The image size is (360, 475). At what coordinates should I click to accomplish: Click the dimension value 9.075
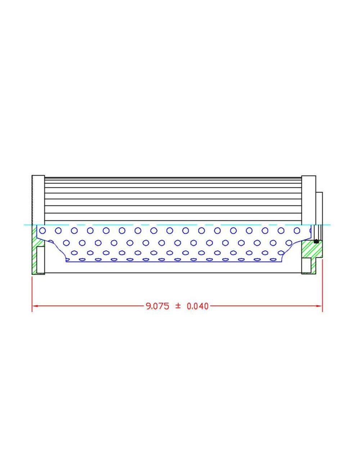point(157,306)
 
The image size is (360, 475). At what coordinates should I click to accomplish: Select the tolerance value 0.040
point(198,306)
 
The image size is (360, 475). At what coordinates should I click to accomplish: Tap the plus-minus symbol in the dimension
point(177,306)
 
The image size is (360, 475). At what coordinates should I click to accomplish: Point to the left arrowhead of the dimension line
point(35,306)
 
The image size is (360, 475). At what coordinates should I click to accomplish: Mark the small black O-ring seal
point(316,241)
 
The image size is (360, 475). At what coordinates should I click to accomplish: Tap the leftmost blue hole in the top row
point(43,230)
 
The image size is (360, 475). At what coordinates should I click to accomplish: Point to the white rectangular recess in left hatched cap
point(40,260)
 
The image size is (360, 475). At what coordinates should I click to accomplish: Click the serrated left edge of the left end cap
point(32,200)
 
